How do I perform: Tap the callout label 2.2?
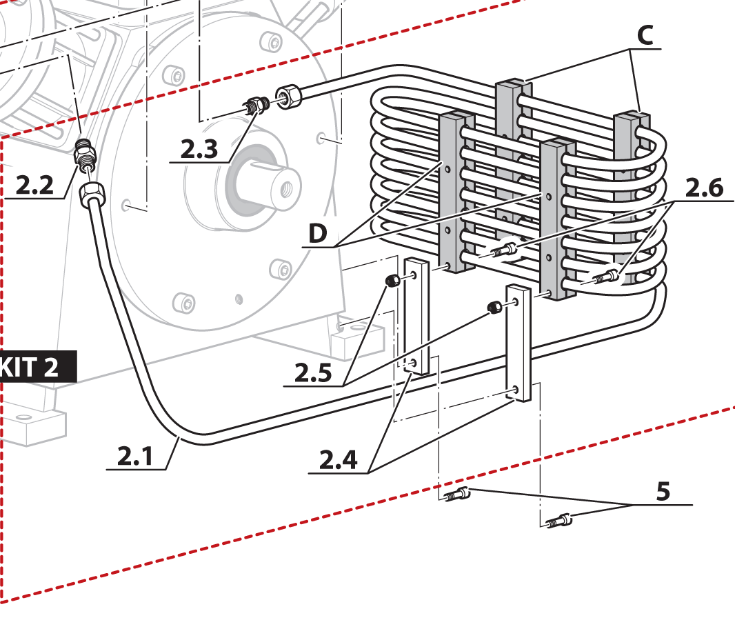[34, 185]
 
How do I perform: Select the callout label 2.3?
[199, 149]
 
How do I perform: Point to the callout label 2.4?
[338, 459]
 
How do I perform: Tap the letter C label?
[644, 36]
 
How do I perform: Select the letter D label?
[318, 234]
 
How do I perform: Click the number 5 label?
[663, 492]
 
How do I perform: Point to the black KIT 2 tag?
[34, 367]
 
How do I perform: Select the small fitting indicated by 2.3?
[256, 106]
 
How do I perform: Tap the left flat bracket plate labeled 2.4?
[416, 317]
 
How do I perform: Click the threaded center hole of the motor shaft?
[283, 187]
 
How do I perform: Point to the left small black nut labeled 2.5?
[392, 280]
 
